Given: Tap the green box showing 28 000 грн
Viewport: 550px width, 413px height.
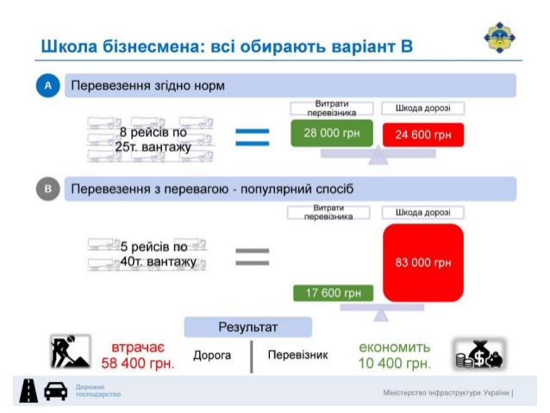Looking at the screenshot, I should click(332, 134).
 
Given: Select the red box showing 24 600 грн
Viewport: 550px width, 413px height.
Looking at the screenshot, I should click(423, 135).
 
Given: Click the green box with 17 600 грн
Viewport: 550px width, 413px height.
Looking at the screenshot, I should click(333, 293).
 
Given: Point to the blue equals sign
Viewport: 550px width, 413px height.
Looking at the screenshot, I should click(253, 135).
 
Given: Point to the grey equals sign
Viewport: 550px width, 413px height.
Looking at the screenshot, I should click(253, 255).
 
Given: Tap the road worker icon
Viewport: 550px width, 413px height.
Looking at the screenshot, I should click(68, 352).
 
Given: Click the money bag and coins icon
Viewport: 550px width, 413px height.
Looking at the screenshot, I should click(479, 353).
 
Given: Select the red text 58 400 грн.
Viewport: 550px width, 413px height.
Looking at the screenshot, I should click(138, 363).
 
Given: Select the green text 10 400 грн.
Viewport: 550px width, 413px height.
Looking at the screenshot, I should click(395, 363).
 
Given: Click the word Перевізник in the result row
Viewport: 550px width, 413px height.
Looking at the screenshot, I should click(297, 354).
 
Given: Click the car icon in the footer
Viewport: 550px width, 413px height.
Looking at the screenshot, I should click(56, 391).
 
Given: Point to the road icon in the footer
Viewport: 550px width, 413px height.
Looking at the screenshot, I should click(28, 391).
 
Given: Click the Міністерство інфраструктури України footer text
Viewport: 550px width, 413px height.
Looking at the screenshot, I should click(447, 393).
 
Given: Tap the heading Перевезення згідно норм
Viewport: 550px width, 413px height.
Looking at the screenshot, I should click(147, 86).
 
